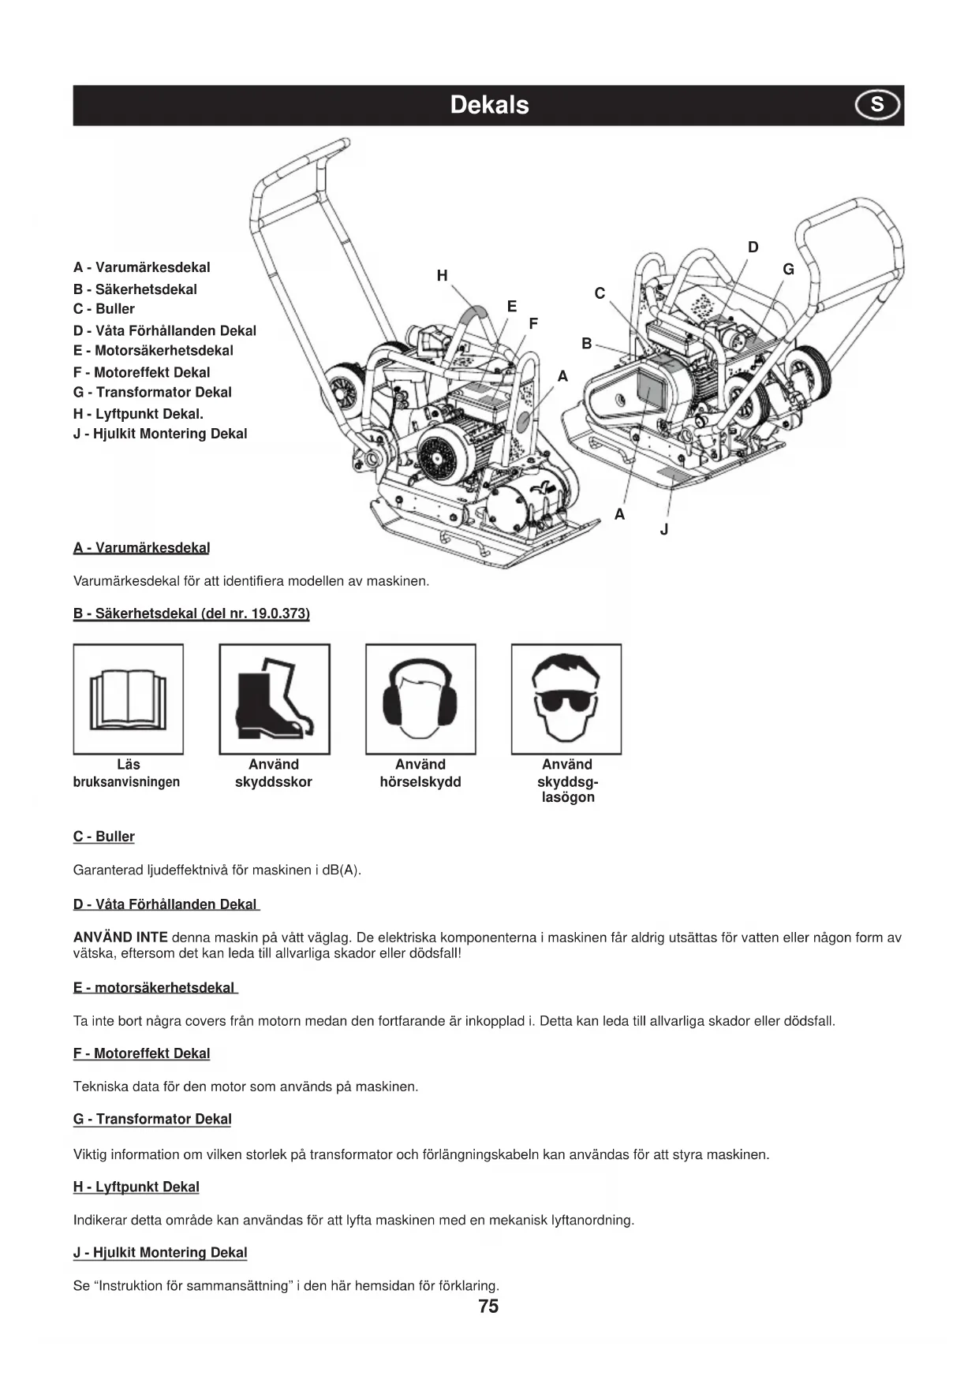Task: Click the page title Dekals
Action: tap(489, 105)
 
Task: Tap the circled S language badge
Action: tap(877, 105)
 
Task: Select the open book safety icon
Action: tap(129, 699)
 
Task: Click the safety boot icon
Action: tap(275, 699)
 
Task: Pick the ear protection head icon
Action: tap(420, 699)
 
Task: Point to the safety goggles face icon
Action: tap(566, 699)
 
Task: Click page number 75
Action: tap(488, 1307)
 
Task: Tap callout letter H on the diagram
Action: tap(442, 275)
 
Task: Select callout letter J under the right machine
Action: tap(664, 530)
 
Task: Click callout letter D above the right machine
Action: tap(753, 248)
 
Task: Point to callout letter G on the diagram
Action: tap(788, 270)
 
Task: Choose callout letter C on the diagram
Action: tap(600, 293)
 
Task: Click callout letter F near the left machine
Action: tap(533, 323)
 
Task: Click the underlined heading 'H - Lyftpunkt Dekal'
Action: tap(136, 1187)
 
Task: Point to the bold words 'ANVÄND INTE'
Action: tap(120, 938)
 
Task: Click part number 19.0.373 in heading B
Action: tap(278, 613)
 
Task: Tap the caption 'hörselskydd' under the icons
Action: tap(420, 782)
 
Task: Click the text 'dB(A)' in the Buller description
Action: tap(342, 870)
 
